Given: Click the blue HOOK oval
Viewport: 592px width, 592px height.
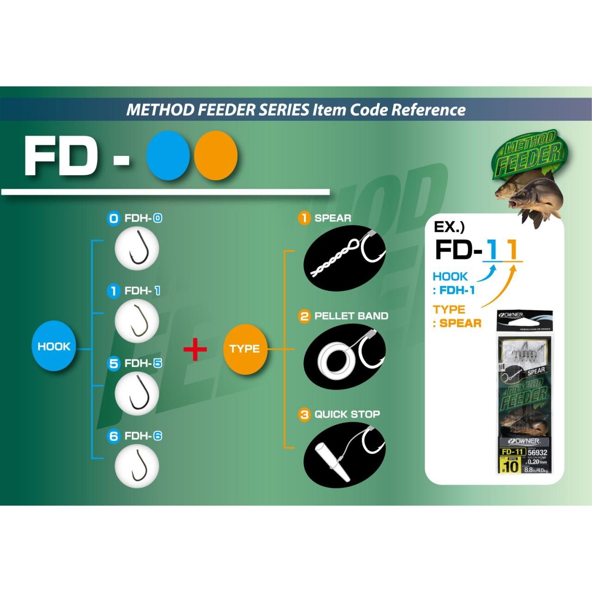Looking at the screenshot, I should coord(54,346).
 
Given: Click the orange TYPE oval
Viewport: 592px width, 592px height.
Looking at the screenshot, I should coord(245,349).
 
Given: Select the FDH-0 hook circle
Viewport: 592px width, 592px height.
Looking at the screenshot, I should coord(136,248).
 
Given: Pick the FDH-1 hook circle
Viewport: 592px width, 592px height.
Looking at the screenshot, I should coord(136,321).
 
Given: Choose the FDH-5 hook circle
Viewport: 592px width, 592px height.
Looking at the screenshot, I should coord(136,394).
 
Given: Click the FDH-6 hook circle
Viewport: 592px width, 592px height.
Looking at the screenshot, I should coord(136,466).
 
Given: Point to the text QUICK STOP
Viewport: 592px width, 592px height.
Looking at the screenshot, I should coord(347,414).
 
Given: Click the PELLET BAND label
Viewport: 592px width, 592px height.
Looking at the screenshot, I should coord(351,316).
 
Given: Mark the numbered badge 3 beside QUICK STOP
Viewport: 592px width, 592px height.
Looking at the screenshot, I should coord(304,414).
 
